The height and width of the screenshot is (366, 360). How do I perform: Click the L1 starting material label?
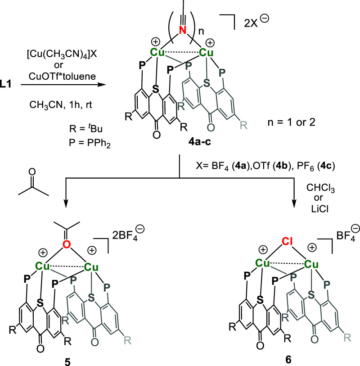click(10, 85)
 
